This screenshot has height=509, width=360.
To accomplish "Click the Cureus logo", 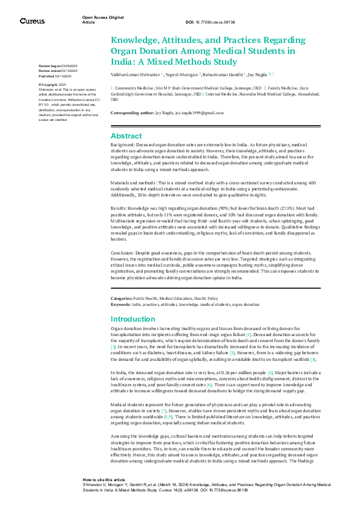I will (x=32, y=21).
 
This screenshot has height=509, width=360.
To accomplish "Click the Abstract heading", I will (x=126, y=136).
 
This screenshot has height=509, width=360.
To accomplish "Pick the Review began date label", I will (x=48, y=65).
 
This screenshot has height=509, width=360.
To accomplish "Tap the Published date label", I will (x=47, y=77).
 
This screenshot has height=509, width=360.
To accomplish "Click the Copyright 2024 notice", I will (x=53, y=85).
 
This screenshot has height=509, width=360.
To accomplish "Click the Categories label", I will (x=121, y=299).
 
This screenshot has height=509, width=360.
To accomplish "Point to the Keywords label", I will (x=120, y=304).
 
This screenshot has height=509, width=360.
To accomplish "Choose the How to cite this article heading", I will (x=104, y=479).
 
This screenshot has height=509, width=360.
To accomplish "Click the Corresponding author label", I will (x=129, y=113).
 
